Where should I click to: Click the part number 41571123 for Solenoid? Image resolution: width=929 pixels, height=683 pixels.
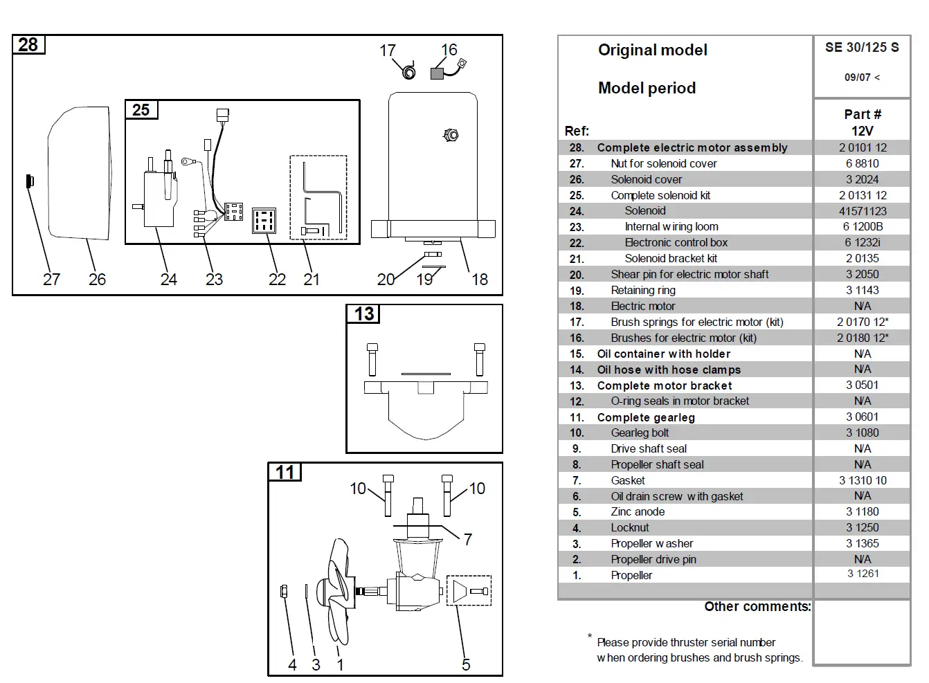click(x=862, y=211)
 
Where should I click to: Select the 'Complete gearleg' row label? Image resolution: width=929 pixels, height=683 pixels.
click(x=645, y=417)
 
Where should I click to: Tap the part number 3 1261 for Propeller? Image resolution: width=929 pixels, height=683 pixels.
click(x=863, y=574)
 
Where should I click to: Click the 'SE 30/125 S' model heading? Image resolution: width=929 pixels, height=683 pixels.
click(x=862, y=48)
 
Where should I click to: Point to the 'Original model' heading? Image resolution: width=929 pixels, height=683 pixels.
click(x=652, y=50)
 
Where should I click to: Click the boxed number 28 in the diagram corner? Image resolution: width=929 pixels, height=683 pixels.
click(x=28, y=45)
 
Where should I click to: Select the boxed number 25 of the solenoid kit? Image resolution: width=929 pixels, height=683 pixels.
click(x=141, y=110)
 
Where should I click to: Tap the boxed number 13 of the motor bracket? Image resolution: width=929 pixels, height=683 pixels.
click(x=363, y=314)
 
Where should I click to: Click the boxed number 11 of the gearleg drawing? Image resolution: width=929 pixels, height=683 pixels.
click(x=285, y=473)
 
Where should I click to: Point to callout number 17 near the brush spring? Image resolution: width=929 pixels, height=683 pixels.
click(x=388, y=51)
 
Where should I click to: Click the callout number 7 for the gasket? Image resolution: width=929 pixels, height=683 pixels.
click(x=468, y=539)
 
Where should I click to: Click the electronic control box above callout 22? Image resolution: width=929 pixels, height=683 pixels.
click(x=264, y=220)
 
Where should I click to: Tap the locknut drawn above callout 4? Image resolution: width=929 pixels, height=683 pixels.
click(x=284, y=591)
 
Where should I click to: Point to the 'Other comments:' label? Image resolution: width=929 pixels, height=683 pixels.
click(x=757, y=607)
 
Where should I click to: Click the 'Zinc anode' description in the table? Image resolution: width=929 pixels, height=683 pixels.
click(x=638, y=512)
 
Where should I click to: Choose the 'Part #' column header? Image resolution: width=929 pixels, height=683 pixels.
click(x=862, y=114)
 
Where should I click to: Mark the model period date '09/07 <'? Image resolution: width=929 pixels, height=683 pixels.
click(x=862, y=78)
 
